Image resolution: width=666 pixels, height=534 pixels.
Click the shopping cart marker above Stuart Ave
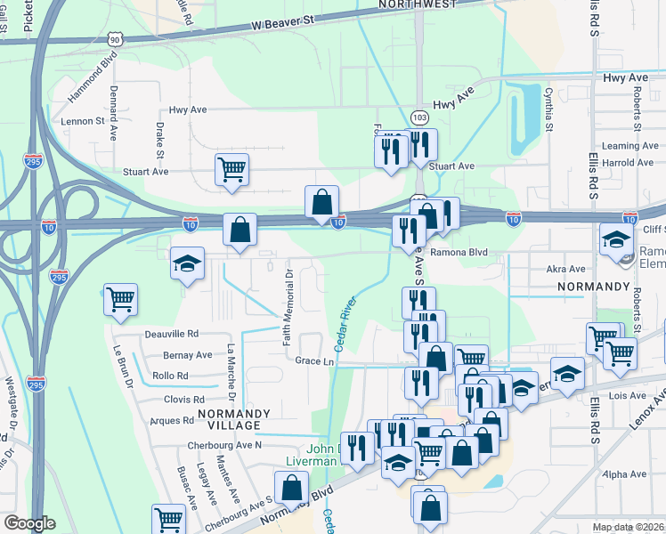point(231,168)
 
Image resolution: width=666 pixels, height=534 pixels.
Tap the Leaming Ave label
point(629,146)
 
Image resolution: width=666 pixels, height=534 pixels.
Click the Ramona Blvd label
point(460,252)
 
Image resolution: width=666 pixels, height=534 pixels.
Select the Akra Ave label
point(566,269)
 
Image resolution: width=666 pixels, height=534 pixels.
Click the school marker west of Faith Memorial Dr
point(187,263)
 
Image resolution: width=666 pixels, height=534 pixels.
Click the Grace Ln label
point(314,361)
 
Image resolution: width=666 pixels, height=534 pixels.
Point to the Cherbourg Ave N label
point(224,444)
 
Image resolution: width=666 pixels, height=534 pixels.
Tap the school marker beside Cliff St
point(616,240)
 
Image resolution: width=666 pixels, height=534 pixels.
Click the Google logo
point(29,523)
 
